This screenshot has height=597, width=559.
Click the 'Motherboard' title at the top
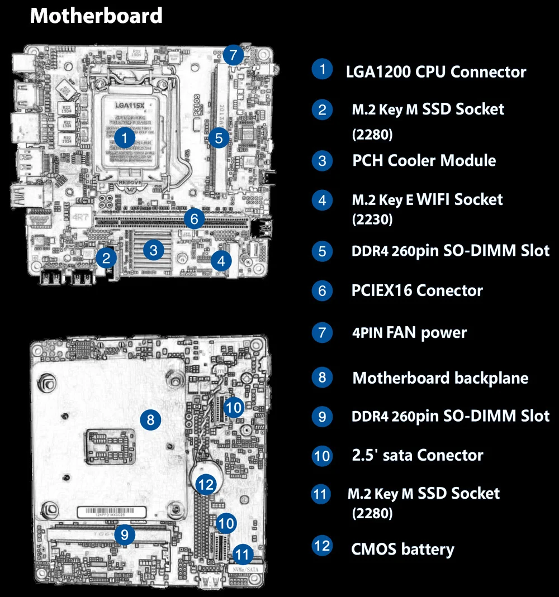click(96, 16)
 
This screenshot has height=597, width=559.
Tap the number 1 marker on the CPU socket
click(124, 137)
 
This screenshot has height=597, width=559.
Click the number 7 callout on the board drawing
click(233, 55)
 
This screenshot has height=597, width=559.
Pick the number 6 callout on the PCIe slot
click(194, 219)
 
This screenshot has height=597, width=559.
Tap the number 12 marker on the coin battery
click(207, 484)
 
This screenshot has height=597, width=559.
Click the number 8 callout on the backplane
click(150, 419)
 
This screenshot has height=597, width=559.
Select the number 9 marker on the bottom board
click(125, 535)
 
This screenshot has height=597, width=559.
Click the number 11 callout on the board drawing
click(242, 555)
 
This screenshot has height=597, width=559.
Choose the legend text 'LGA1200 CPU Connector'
click(436, 71)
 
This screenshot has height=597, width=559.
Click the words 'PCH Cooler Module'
click(424, 161)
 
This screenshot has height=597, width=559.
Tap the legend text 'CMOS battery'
click(402, 549)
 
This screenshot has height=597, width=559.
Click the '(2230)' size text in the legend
click(372, 219)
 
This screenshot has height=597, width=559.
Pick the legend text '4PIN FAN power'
click(409, 333)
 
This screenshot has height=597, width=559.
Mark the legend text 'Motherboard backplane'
click(440, 378)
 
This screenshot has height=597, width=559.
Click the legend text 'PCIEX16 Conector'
click(416, 290)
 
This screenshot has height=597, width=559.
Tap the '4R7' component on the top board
click(79, 215)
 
